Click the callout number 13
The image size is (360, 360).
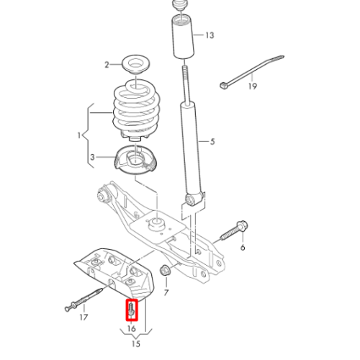[210, 35]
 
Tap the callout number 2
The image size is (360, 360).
[107, 65]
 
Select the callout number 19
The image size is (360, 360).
[252, 86]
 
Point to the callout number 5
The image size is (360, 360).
[212, 142]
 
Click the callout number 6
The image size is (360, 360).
[243, 247]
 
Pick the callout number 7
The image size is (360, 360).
[166, 292]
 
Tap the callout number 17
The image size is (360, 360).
[84, 318]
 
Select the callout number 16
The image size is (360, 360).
[132, 328]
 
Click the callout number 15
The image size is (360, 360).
[136, 343]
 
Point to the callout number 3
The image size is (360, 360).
[92, 158]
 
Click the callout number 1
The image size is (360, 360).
[79, 135]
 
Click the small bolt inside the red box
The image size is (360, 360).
[131, 309]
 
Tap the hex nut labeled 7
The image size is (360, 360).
[165, 270]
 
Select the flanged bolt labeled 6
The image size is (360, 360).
[234, 230]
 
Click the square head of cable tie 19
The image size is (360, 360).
[223, 85]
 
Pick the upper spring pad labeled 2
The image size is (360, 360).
[136, 66]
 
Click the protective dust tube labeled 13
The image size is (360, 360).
[184, 37]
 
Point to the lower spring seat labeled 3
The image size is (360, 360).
[136, 160]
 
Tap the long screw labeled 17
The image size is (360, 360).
[84, 299]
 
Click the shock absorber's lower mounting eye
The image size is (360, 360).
[190, 199]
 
